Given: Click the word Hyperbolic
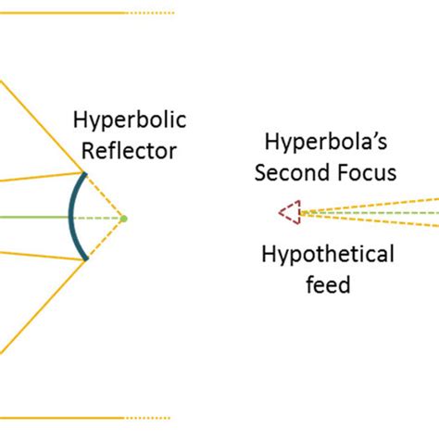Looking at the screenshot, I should coord(130,120).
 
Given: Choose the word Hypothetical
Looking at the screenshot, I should coord(328,256).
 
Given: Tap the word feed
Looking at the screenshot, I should coord(328,283).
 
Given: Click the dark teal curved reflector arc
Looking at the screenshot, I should coord(71,217).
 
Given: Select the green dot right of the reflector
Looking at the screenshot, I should coord(124,219).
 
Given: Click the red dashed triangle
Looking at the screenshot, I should coord(291,214).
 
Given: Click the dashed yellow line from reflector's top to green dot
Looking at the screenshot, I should coord(106,195).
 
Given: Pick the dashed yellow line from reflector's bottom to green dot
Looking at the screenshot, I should coord(106,240).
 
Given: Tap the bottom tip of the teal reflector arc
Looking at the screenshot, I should coord(86,259).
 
